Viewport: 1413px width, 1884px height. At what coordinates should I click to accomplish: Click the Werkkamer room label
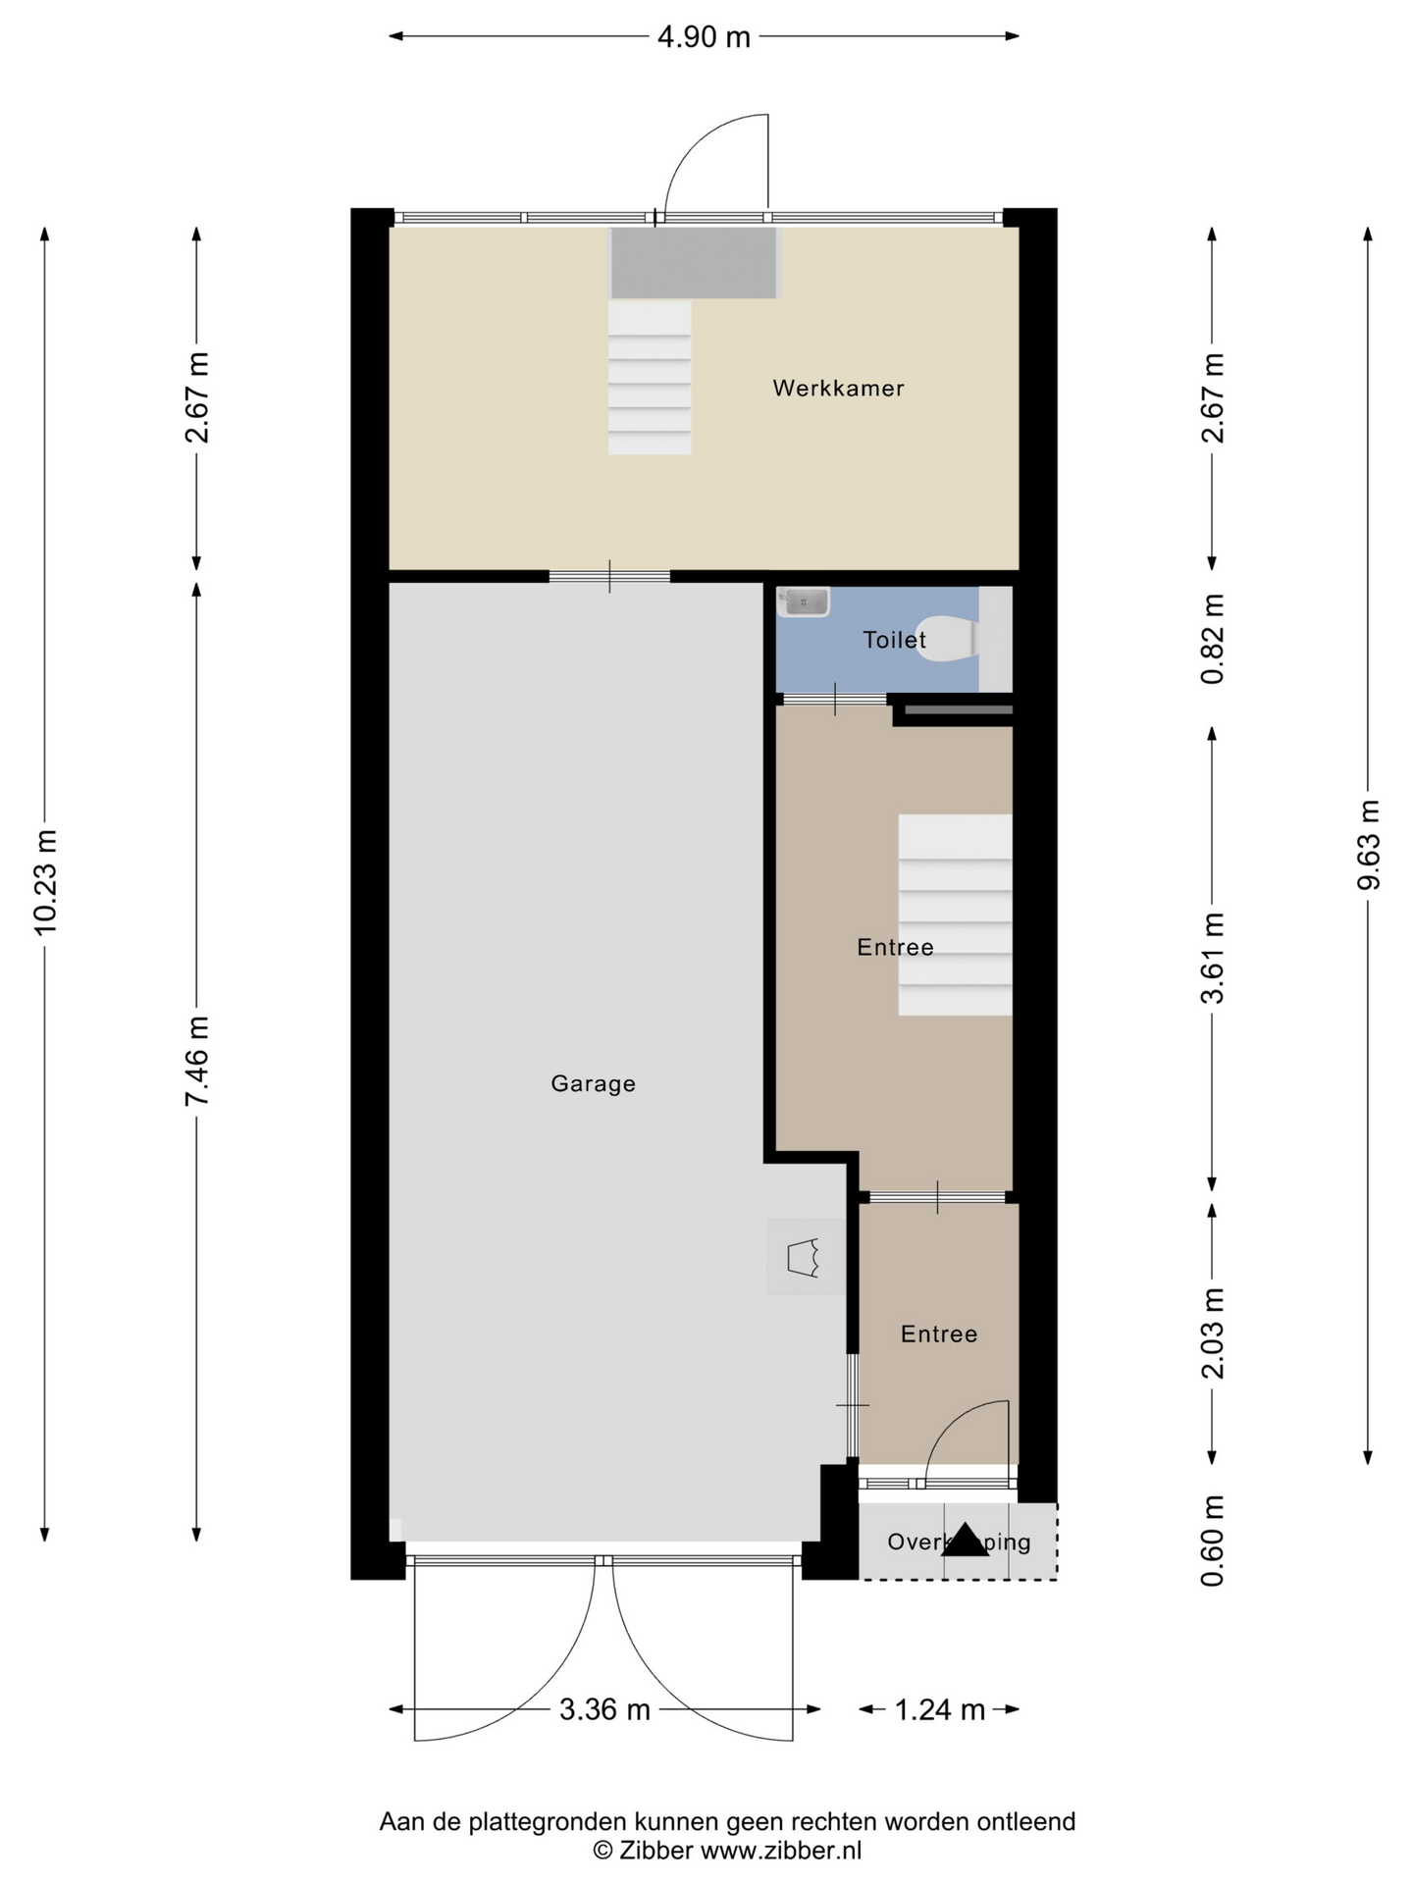click(x=838, y=388)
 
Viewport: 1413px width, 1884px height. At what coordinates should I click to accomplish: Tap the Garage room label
click(x=593, y=1083)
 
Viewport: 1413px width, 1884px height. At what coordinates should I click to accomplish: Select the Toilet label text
click(x=894, y=640)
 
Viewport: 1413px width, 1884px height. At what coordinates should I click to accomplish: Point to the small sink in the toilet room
click(x=804, y=602)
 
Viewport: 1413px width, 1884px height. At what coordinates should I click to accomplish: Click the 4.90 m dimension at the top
click(x=704, y=37)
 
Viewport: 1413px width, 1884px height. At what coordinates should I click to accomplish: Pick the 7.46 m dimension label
click(x=197, y=1062)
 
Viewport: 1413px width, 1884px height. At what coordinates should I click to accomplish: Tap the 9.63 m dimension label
click(x=1368, y=845)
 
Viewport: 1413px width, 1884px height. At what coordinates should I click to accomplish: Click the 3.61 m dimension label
click(x=1213, y=958)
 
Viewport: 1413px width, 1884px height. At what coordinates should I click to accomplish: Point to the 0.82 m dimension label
click(x=1213, y=639)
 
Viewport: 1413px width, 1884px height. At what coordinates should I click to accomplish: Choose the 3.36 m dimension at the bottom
click(x=604, y=1709)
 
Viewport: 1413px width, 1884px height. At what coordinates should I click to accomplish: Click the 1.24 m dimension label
click(x=939, y=1709)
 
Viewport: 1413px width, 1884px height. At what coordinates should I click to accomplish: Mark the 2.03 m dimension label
click(x=1213, y=1333)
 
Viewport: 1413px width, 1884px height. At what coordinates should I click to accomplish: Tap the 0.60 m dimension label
click(x=1213, y=1540)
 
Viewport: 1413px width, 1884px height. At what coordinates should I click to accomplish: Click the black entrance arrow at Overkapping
click(x=965, y=1542)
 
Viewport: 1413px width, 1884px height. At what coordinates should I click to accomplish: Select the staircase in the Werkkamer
click(x=650, y=378)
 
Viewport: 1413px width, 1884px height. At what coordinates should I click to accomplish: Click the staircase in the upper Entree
click(x=955, y=915)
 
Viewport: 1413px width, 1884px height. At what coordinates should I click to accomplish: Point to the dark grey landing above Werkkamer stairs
click(x=694, y=262)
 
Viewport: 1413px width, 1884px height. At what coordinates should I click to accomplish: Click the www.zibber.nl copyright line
click(x=727, y=1851)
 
